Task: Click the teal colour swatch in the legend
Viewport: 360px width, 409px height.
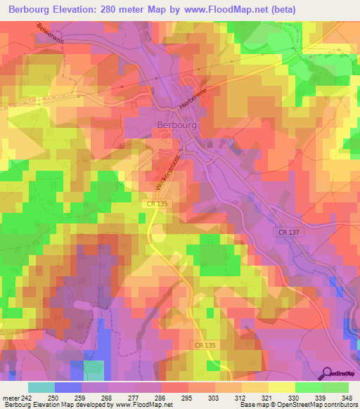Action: (41, 387)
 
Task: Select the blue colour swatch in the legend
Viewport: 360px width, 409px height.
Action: (68, 387)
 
